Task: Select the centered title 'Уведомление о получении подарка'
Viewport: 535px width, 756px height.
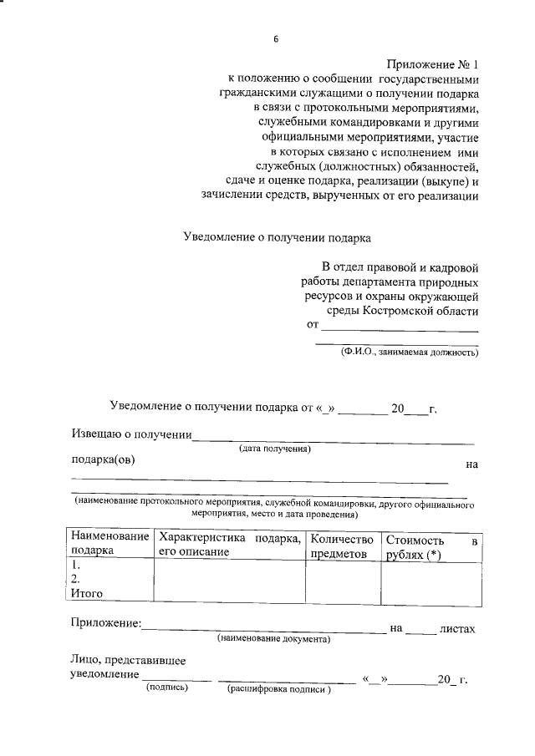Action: [277, 236]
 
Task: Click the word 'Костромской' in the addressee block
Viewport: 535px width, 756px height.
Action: [405, 311]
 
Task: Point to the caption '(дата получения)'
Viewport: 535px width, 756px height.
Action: [275, 449]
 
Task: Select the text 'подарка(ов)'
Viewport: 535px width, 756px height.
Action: [102, 459]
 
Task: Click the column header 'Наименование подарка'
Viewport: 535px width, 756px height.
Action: [110, 543]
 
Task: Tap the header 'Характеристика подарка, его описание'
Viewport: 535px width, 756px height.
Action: [229, 543]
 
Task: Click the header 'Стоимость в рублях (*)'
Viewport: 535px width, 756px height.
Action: [432, 548]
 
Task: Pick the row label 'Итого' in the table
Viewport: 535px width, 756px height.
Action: [87, 593]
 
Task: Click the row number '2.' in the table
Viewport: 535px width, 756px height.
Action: [77, 579]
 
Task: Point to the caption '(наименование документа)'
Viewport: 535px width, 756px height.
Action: [273, 640]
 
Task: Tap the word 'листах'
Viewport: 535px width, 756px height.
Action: [457, 628]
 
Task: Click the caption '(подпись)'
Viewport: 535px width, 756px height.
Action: [167, 689]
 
